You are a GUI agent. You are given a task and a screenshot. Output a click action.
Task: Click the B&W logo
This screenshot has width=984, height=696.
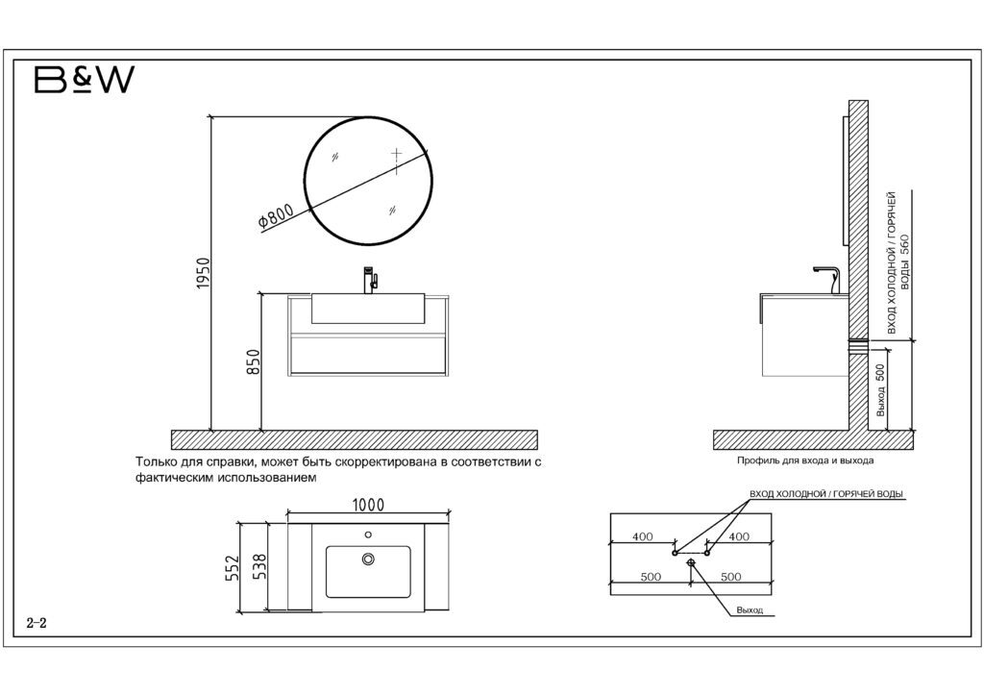84,82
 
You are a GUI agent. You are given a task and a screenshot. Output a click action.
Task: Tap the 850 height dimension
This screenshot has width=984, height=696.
254,363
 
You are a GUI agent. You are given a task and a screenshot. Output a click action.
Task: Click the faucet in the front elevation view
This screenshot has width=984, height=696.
369,280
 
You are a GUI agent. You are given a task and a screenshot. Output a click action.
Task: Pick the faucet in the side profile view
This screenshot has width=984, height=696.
827,279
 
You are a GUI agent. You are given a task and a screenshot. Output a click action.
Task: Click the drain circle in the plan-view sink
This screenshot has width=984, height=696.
368,559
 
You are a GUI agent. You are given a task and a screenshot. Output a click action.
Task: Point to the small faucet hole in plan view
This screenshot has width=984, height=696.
368,534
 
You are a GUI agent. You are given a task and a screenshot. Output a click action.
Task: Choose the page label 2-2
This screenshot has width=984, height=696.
37,624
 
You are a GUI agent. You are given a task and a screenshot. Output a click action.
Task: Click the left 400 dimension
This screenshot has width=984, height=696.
644,536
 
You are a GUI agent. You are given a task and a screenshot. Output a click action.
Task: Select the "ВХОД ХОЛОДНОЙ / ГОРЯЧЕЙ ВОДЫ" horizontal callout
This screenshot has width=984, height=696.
826,494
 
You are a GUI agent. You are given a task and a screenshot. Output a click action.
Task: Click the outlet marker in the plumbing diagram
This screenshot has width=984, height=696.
691,564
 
